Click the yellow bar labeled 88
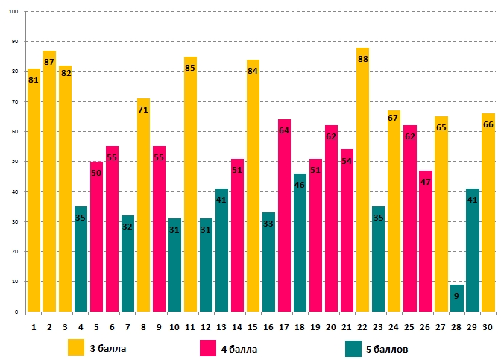point(362,186)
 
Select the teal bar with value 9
point(456,298)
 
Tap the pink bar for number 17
point(284,216)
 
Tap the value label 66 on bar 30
point(488,125)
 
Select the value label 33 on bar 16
point(268,224)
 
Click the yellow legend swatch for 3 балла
point(76,347)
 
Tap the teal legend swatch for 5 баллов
point(353,347)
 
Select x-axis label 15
point(253,326)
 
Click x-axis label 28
point(456,326)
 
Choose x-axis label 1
point(34,326)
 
